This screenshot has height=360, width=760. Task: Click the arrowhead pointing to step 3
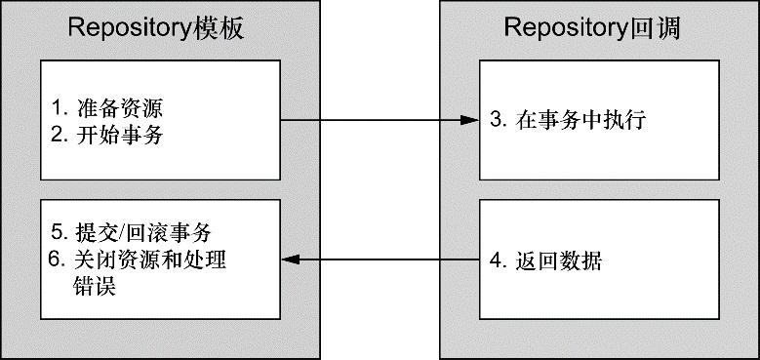[x=467, y=121]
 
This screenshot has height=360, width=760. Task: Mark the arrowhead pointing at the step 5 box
[x=290, y=260]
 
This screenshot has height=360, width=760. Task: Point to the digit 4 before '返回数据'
[x=497, y=261]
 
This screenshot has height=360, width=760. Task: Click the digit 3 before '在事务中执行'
[x=497, y=121]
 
